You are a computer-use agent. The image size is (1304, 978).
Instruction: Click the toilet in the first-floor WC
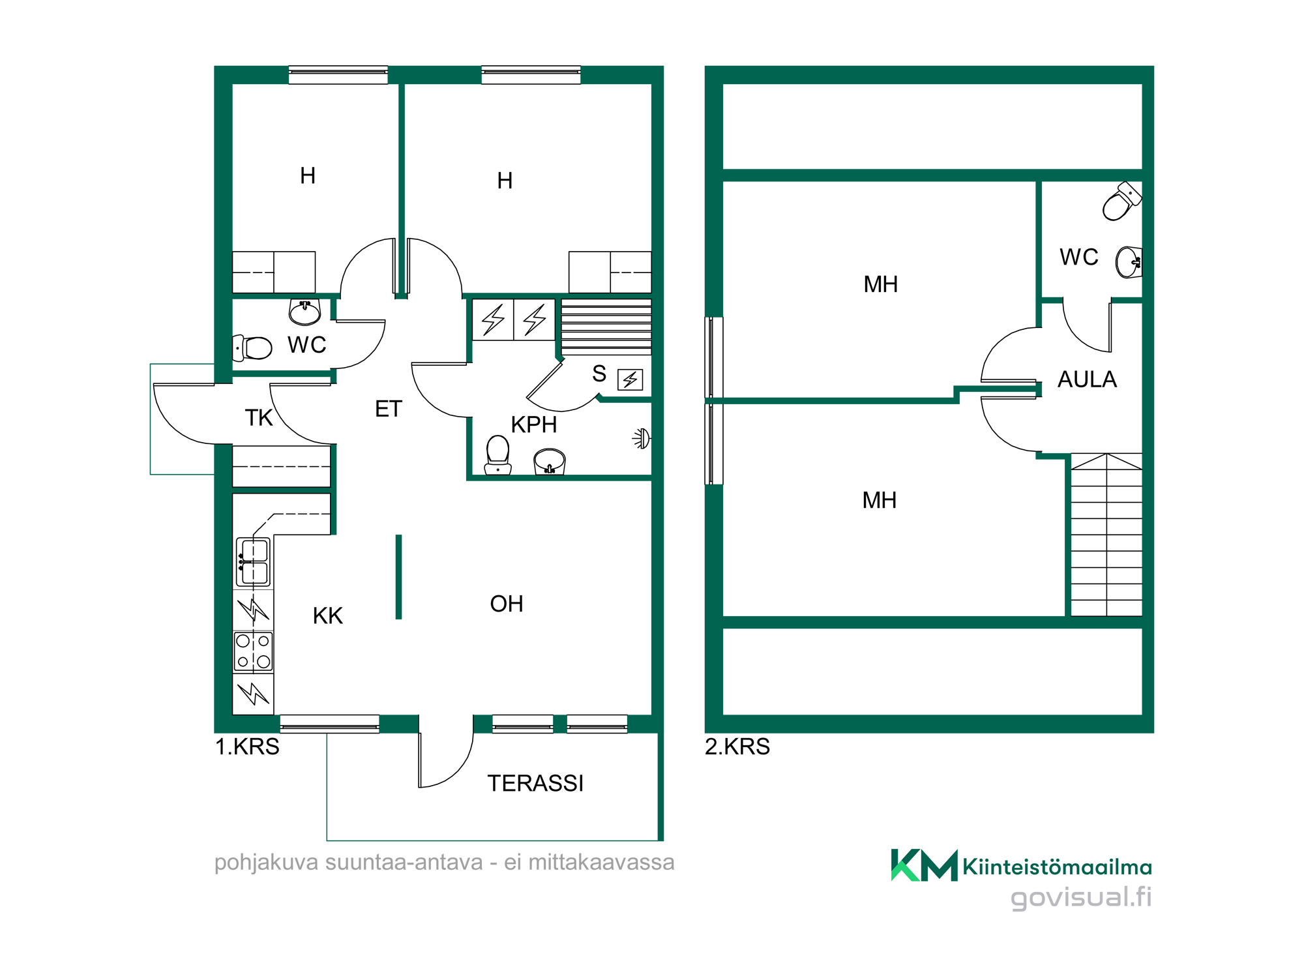[x=252, y=348]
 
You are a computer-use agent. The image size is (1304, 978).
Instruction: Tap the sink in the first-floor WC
[x=304, y=312]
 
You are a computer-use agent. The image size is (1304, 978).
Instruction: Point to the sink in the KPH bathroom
[x=550, y=462]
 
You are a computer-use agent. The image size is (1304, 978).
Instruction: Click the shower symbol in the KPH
[x=642, y=439]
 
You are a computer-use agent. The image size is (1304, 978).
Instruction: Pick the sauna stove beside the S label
[x=630, y=379]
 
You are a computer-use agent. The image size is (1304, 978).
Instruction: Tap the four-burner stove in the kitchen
[x=253, y=651]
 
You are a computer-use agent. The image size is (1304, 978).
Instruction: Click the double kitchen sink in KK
[x=253, y=562]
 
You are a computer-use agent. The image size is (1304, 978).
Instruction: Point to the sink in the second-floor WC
[x=1129, y=262]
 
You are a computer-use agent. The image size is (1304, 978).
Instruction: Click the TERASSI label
[x=535, y=783]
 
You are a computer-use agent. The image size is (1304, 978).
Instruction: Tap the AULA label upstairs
[x=1087, y=379]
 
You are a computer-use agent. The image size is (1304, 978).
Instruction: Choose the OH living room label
[x=507, y=604]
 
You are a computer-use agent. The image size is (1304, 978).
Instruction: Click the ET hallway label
[x=389, y=409]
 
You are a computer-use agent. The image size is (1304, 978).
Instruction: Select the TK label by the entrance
[x=258, y=418]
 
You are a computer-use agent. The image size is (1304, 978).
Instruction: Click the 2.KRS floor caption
[x=737, y=747]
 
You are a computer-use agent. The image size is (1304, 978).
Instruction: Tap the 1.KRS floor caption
[x=247, y=747]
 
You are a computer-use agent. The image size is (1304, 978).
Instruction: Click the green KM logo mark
[x=925, y=865]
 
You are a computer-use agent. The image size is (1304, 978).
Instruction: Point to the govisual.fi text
[x=1081, y=897]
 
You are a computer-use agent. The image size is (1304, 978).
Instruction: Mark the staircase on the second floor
[x=1106, y=535]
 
